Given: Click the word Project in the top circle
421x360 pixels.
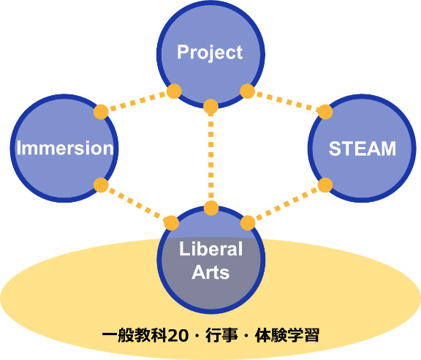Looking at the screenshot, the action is tap(210, 53).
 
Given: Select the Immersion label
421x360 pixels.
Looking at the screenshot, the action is tap(65, 148).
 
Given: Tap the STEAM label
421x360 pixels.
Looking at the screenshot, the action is tap(363, 149).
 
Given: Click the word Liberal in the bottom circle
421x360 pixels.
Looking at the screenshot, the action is tap(210, 249).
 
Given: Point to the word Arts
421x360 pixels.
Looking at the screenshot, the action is tap(210, 272).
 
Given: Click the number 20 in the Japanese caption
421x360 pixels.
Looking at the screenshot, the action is tap(178, 336).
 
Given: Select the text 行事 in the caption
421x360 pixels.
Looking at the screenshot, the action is tap(221, 336).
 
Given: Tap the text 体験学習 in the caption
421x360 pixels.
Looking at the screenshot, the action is tap(287, 336).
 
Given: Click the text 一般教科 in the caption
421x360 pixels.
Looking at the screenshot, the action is tap(134, 336).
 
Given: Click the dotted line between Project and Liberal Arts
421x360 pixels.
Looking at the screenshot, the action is tap(210, 157).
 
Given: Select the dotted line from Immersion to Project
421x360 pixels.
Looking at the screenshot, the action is tap(137, 102).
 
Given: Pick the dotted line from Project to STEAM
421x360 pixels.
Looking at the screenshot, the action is tap(287, 102).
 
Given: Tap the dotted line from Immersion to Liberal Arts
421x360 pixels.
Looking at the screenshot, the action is tap(137, 204).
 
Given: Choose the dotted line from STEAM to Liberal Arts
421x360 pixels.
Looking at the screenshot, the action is tap(287, 204).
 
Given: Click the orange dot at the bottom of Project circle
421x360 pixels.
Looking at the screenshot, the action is tap(210, 106).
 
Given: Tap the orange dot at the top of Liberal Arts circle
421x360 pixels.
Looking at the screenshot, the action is tap(211, 208).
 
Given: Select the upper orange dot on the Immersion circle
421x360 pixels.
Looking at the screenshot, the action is tap(101, 111).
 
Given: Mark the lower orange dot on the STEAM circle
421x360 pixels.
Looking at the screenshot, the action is tap(325, 185).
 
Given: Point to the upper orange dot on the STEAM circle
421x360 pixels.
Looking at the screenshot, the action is tap(325, 112).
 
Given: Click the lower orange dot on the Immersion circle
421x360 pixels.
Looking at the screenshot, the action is tap(101, 185).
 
